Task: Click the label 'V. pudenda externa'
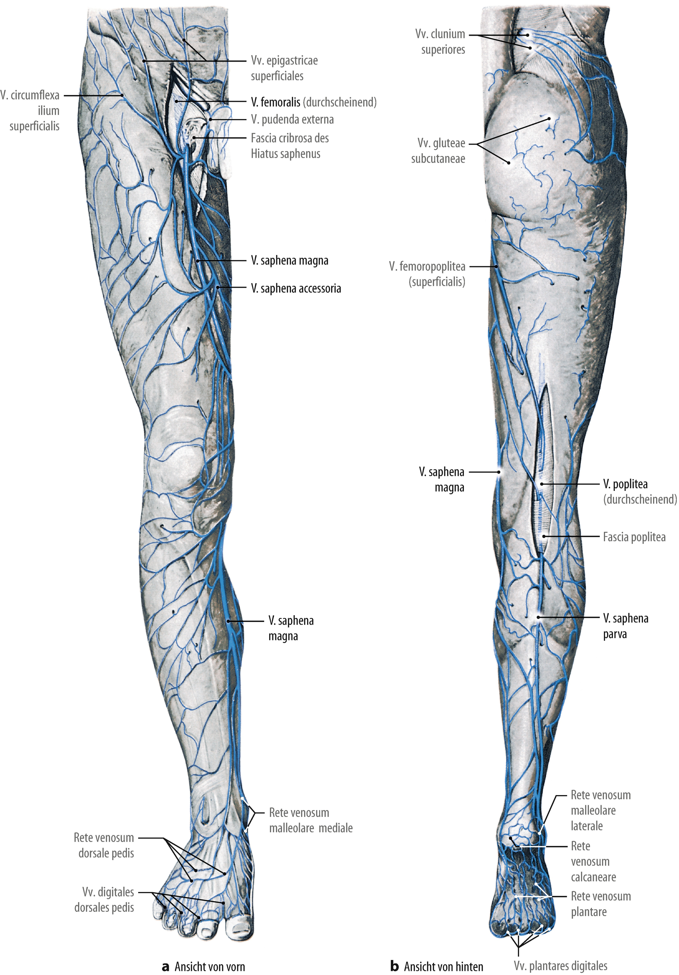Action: click(x=292, y=120)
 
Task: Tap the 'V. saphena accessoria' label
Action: click(x=296, y=289)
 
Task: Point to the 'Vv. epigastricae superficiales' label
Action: click(x=284, y=68)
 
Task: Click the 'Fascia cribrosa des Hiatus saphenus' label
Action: click(x=289, y=146)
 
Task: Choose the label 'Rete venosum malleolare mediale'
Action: click(x=311, y=820)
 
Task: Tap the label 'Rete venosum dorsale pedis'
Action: click(x=104, y=845)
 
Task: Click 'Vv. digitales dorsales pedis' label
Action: click(x=104, y=900)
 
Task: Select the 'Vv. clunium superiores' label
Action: click(x=440, y=42)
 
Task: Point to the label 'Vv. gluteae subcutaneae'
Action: click(x=438, y=151)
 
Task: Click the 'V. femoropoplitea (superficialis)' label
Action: click(x=428, y=274)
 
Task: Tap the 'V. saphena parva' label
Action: click(x=626, y=626)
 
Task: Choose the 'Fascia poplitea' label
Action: click(x=634, y=537)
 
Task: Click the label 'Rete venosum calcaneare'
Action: click(x=593, y=861)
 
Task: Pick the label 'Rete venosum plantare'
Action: click(x=601, y=904)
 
